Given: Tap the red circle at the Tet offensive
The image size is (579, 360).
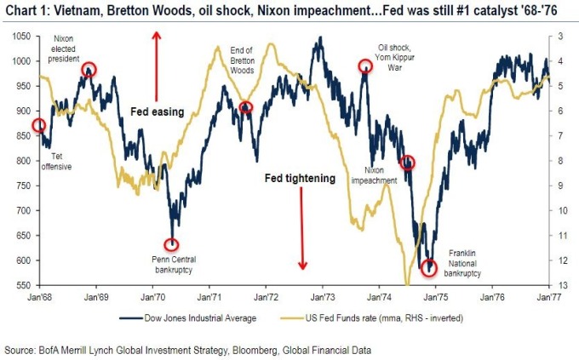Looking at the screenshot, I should tap(38, 126).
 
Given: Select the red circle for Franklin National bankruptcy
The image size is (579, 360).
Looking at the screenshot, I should tap(429, 266).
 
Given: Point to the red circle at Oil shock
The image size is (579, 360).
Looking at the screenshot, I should tap(365, 66).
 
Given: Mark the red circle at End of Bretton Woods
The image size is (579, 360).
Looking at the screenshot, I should tap(246, 107).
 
